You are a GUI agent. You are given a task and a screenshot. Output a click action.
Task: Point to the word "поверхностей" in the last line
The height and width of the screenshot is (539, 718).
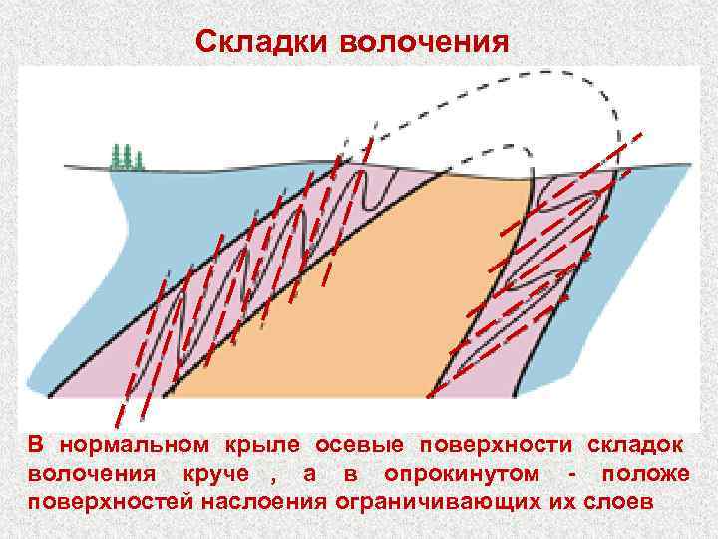coord(106,499)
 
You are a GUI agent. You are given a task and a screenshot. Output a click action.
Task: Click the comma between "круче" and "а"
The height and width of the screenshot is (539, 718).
coord(270,477)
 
